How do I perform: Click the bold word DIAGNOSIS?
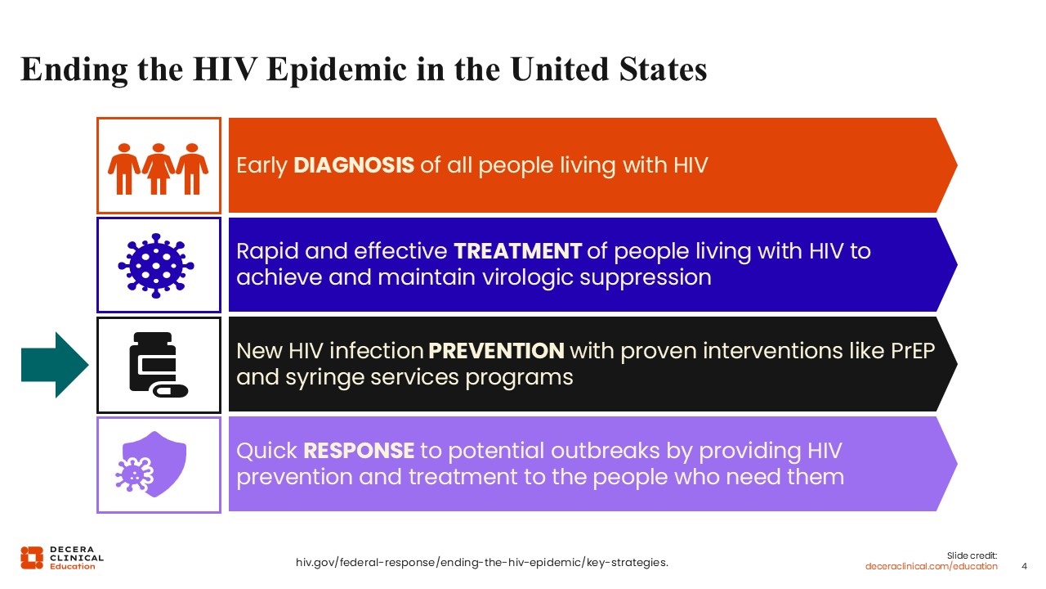[354, 165]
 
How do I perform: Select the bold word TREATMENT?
[517, 251]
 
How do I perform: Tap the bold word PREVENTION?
[496, 351]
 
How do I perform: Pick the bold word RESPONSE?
[359, 451]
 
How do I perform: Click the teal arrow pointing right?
[55, 365]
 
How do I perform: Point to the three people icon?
[159, 169]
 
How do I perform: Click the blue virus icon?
[156, 266]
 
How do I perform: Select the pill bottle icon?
[159, 365]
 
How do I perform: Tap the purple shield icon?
[151, 464]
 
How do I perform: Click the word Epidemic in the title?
[336, 70]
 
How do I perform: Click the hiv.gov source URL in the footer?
[482, 562]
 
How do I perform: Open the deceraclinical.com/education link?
[931, 566]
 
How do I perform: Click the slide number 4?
[1025, 566]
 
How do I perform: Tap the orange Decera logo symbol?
[32, 558]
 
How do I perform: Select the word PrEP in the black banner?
[913, 351]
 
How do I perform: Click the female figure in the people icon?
[159, 169]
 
